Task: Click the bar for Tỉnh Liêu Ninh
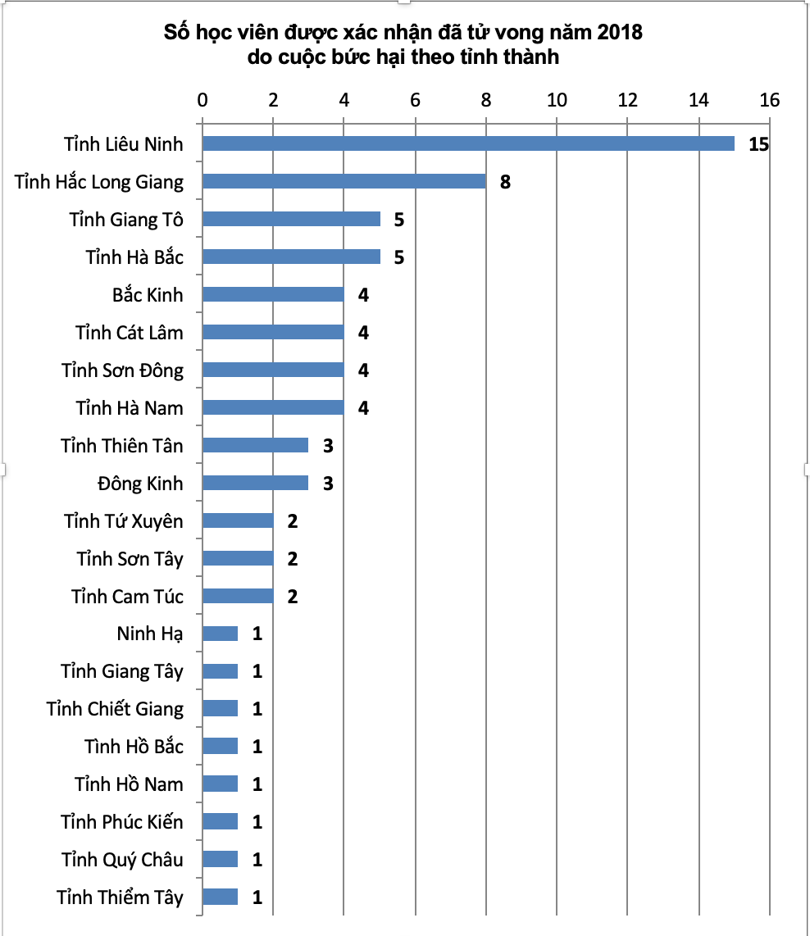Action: pos(468,143)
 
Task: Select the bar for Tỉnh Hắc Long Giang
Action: pos(344,181)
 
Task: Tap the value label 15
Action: pos(758,144)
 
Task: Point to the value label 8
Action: pos(505,182)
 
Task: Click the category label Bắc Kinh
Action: pos(148,295)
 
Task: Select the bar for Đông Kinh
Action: pos(255,483)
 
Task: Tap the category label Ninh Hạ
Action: pos(150,634)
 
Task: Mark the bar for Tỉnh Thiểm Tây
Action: pos(220,897)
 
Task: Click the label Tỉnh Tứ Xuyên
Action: pos(124,521)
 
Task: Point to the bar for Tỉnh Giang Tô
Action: pos(291,219)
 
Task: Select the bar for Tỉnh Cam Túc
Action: pos(238,596)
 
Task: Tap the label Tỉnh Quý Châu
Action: pos(122,860)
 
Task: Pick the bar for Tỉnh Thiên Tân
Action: pos(255,445)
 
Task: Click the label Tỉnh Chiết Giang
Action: pos(115,709)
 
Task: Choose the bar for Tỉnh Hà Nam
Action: pos(273,407)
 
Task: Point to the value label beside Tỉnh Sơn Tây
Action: pos(293,559)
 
